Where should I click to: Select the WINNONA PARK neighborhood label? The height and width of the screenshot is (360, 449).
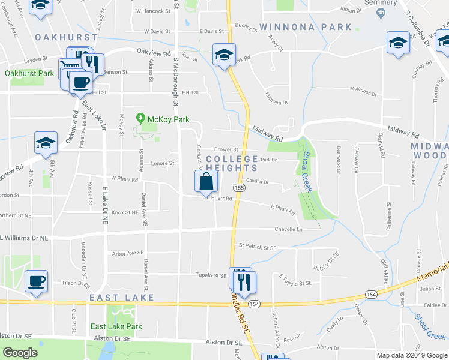tap(306, 27)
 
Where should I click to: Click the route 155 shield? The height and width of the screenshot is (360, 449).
tap(239, 188)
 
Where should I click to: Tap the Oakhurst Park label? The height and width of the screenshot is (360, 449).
tap(29, 73)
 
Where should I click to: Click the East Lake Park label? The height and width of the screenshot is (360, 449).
tap(116, 326)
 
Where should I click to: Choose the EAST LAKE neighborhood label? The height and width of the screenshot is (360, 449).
tap(122, 298)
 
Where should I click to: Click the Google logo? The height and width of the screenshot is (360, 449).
tap(20, 353)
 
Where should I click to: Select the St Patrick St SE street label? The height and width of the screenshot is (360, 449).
tap(257, 246)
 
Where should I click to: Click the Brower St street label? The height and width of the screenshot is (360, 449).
tap(227, 149)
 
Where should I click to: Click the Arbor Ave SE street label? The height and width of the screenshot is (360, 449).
tap(128, 253)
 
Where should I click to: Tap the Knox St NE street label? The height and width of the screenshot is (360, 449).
tap(125, 212)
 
